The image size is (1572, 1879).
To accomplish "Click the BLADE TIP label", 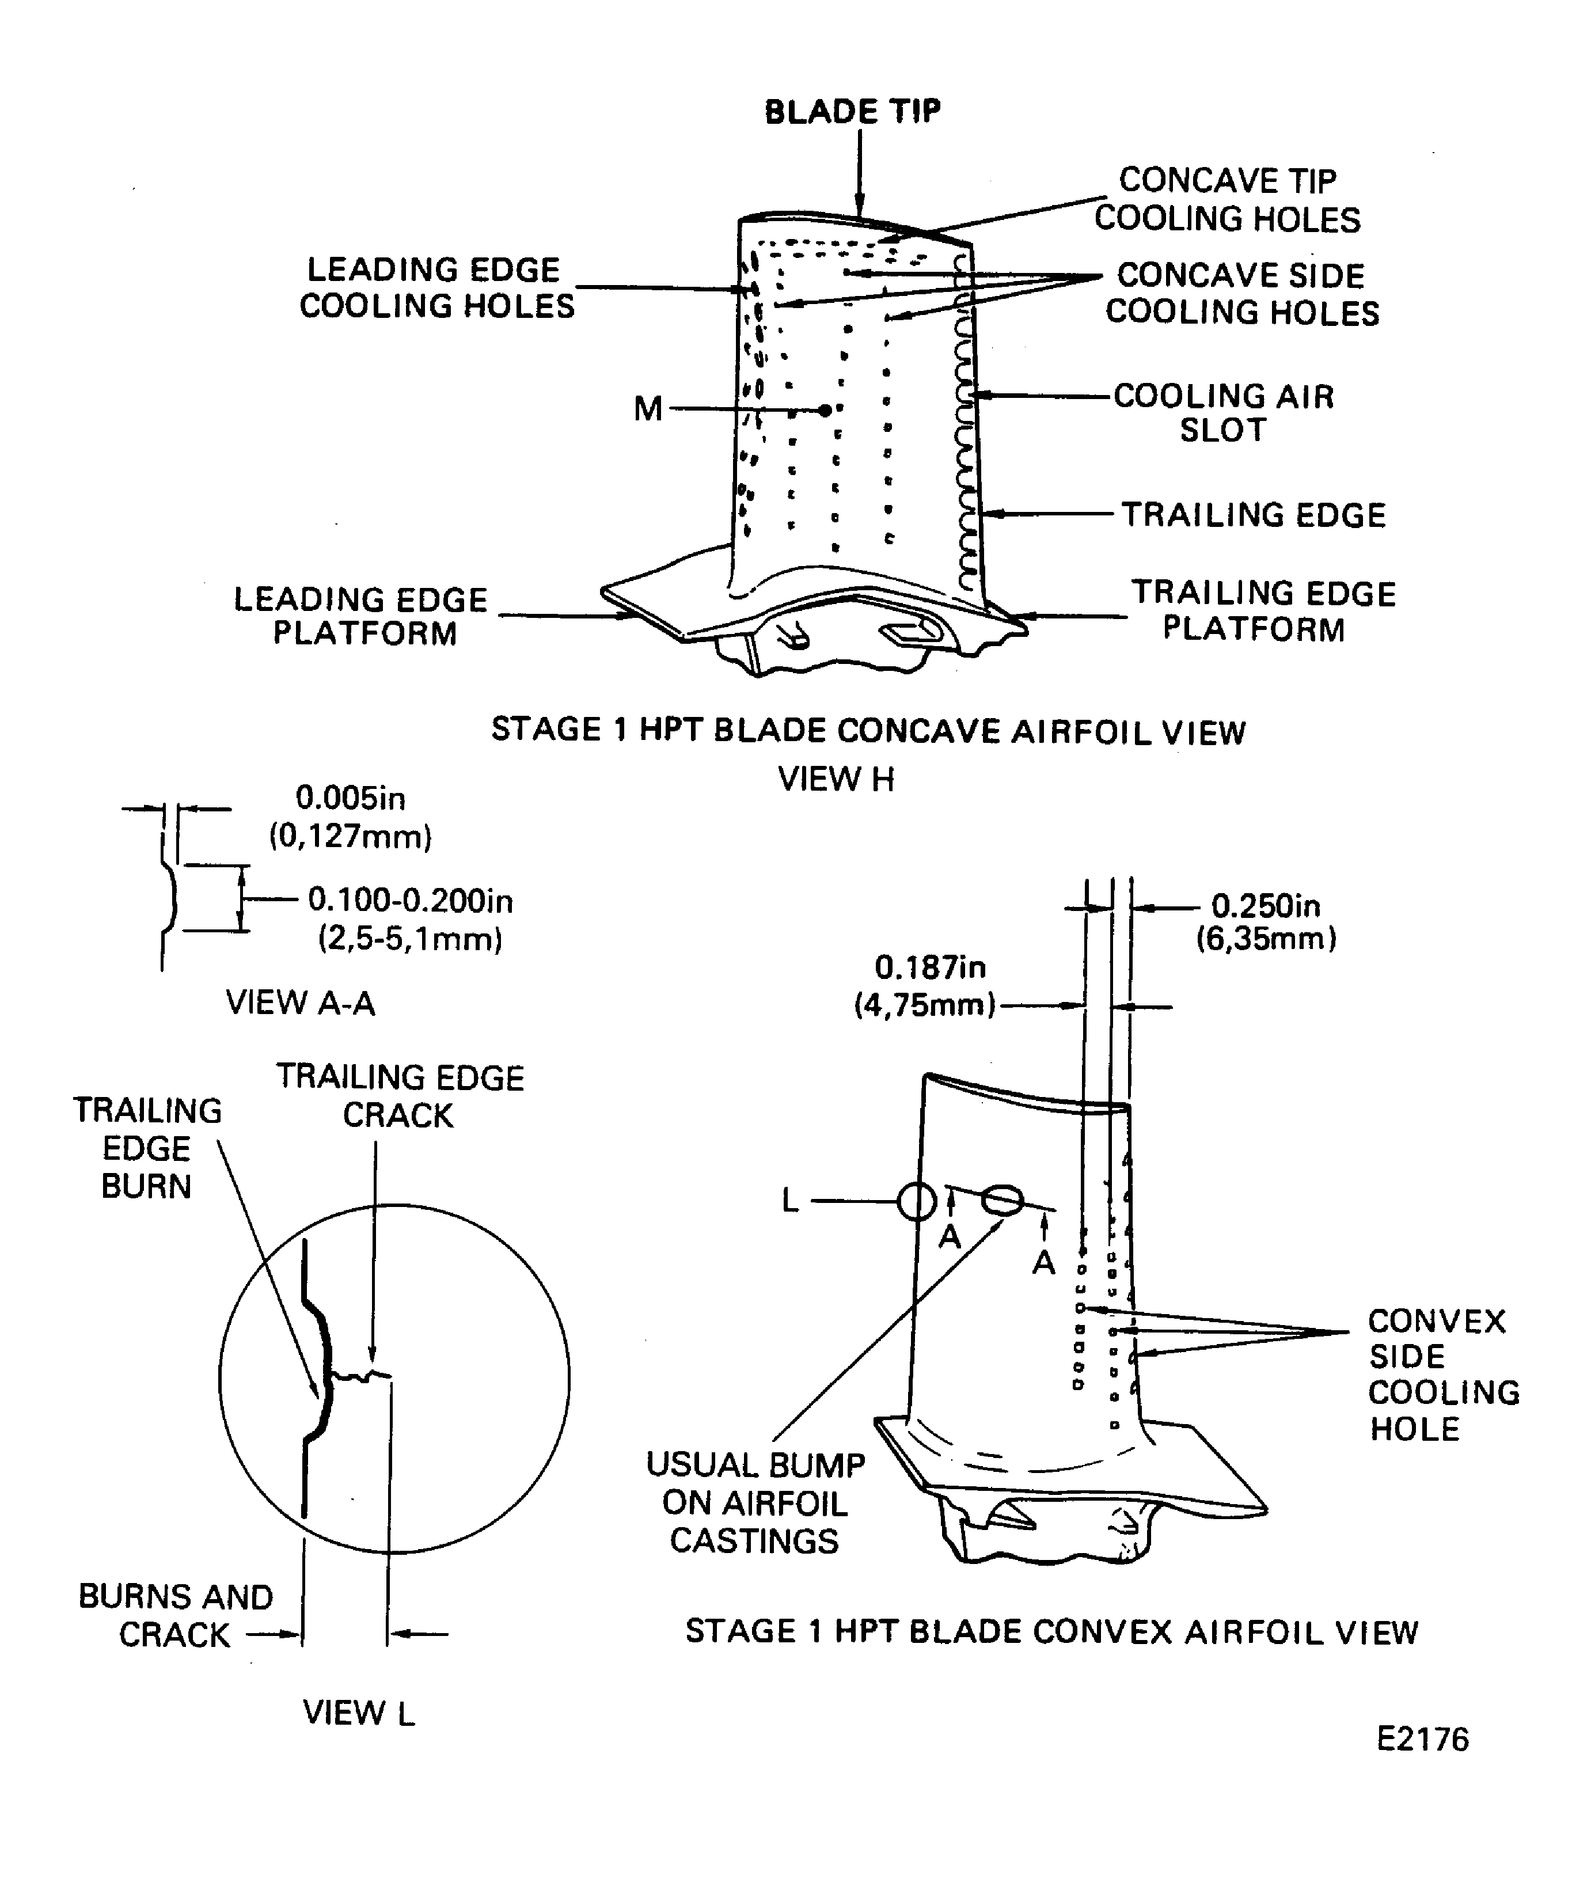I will click(x=852, y=112).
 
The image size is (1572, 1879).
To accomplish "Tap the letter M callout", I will click(x=648, y=409).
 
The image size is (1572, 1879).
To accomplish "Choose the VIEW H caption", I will click(x=836, y=779).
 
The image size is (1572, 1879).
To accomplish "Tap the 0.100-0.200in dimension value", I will click(x=411, y=900).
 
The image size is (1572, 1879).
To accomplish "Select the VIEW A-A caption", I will click(x=300, y=1003).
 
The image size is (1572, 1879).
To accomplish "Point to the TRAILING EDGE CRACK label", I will click(x=399, y=1096).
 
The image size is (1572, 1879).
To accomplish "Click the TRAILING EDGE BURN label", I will click(x=147, y=1148).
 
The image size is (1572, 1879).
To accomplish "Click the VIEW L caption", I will click(x=359, y=1713).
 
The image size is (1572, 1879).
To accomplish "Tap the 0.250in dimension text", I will click(x=1265, y=906).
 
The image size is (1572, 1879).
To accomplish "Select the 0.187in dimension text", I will click(x=929, y=967).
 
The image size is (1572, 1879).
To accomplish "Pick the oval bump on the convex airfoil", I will click(x=1001, y=1199).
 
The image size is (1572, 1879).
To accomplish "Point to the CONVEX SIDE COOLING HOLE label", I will click(x=1442, y=1375).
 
